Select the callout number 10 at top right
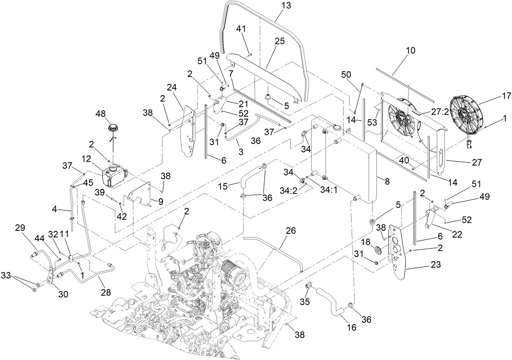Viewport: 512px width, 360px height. click(x=411, y=51)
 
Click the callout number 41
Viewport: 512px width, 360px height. click(x=241, y=29)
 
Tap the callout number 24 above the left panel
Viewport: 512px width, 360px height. click(x=172, y=87)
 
